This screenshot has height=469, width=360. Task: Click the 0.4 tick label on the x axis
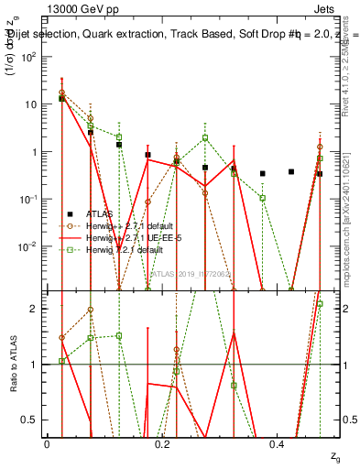(278, 443)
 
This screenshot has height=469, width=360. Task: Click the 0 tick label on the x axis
(47, 443)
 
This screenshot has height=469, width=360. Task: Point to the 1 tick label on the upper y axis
(36, 152)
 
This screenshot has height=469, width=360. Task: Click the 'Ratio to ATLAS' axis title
(13, 364)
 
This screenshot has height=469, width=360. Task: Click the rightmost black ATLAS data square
(320, 173)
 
